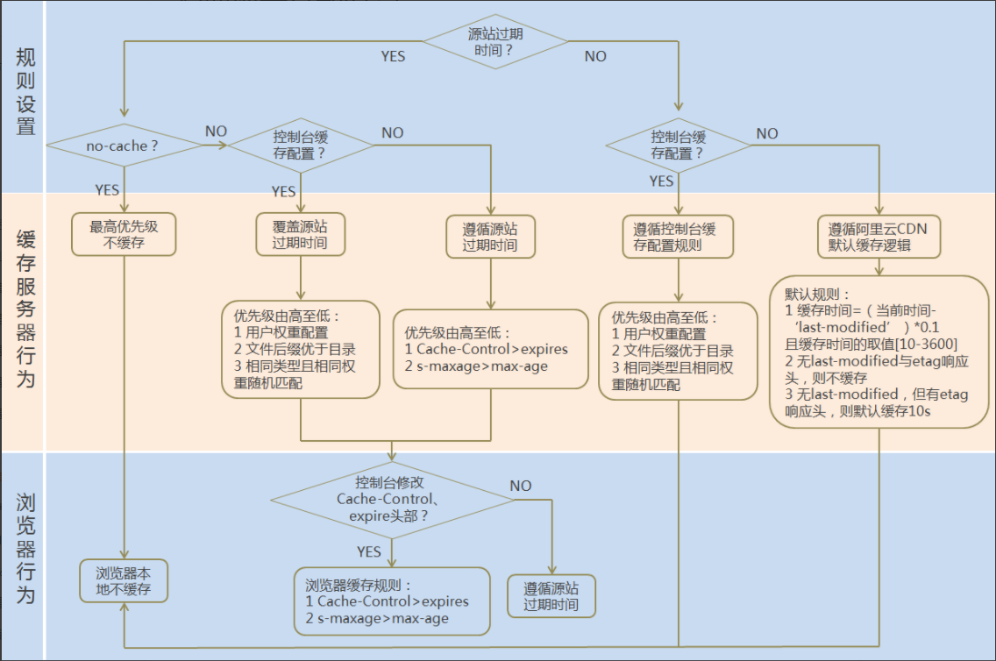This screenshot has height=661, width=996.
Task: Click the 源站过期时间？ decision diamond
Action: pyautogui.click(x=495, y=42)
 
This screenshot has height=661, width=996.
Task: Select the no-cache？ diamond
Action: pyautogui.click(x=123, y=146)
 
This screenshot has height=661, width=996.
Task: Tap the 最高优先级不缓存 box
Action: pyautogui.click(x=123, y=235)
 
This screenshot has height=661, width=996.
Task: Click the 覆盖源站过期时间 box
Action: pyautogui.click(x=301, y=234)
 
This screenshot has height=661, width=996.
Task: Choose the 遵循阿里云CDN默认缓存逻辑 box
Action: pyautogui.click(x=878, y=237)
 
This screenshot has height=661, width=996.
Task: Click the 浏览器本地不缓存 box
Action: pyautogui.click(x=123, y=580)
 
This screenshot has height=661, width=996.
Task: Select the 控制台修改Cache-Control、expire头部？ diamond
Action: pyautogui.click(x=393, y=500)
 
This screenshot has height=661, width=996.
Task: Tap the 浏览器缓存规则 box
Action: pyautogui.click(x=392, y=601)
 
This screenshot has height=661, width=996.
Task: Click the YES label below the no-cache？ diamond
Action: pyautogui.click(x=107, y=189)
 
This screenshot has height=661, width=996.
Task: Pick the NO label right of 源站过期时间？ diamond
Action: pyautogui.click(x=595, y=56)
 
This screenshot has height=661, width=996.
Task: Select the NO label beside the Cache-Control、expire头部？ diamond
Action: pyautogui.click(x=521, y=486)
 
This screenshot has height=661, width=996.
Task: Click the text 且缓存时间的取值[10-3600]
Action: pyautogui.click(x=871, y=343)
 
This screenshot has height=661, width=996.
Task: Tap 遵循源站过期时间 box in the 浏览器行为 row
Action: pyautogui.click(x=551, y=596)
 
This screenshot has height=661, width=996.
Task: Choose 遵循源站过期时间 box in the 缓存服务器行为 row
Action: pyautogui.click(x=490, y=237)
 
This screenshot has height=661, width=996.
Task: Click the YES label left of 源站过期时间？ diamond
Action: pyautogui.click(x=393, y=56)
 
